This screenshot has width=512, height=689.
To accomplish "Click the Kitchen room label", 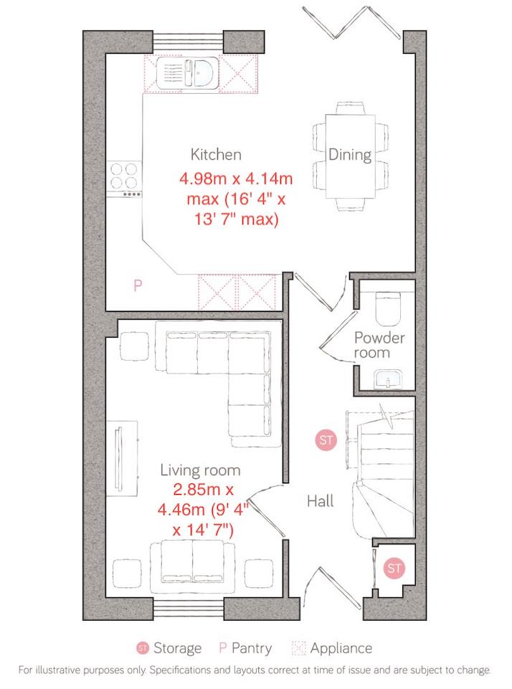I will (215, 154).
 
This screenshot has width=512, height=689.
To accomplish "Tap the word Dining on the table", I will (350, 154).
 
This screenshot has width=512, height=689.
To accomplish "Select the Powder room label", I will (379, 345).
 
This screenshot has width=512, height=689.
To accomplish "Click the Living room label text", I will (200, 470).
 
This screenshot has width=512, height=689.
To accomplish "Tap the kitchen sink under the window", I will (188, 72).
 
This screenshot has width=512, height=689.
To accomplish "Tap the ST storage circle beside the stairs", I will (326, 440).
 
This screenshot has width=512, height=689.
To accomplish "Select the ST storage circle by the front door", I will (394, 569).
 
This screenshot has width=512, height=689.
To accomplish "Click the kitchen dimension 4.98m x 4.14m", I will (240, 177).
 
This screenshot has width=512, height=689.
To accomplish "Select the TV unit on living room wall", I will (120, 456).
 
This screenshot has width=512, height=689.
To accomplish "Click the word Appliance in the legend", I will (341, 649).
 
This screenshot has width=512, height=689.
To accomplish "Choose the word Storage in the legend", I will (177, 649).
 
